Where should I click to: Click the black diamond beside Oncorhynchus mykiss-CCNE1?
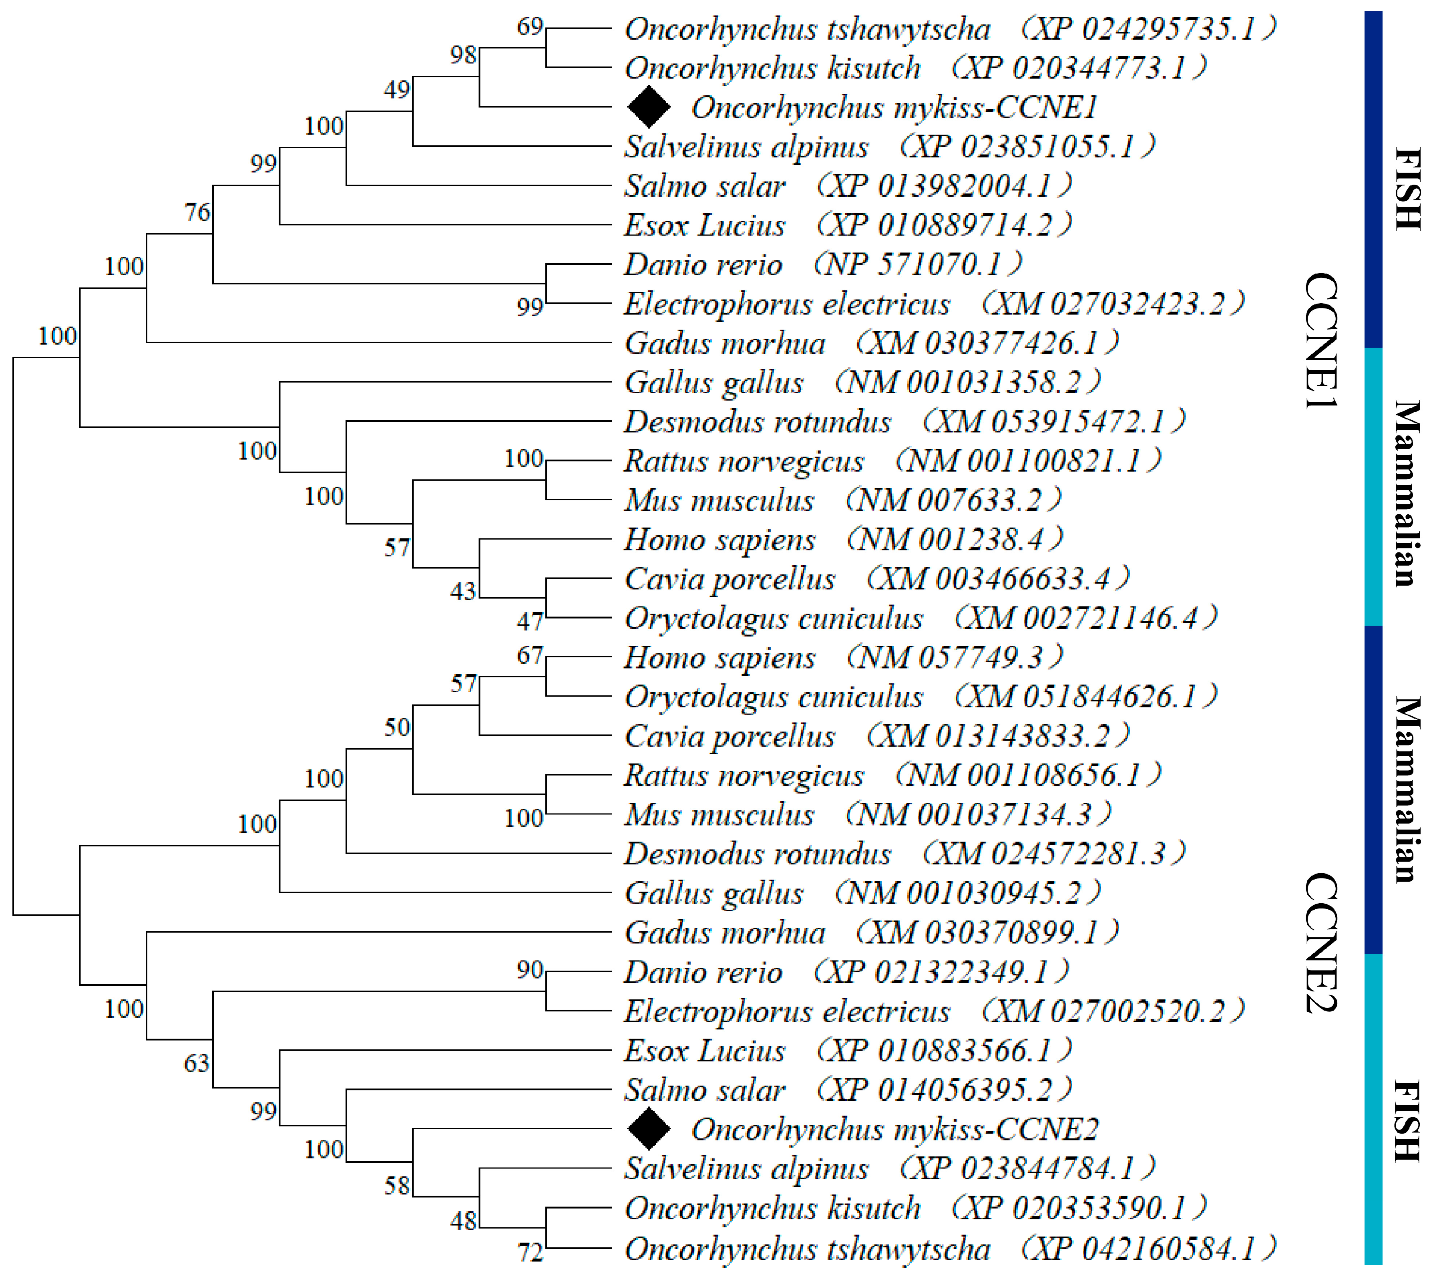[x=648, y=107]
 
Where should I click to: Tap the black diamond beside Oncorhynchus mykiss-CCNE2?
[x=648, y=1129]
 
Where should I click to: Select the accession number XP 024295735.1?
[x=1147, y=29]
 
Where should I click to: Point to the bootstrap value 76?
[x=197, y=211]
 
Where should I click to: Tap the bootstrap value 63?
[x=197, y=1063]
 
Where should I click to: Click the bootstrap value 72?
[x=531, y=1252]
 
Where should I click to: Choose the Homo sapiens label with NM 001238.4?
[x=720, y=540]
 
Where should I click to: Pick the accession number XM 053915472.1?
[x=1054, y=422]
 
